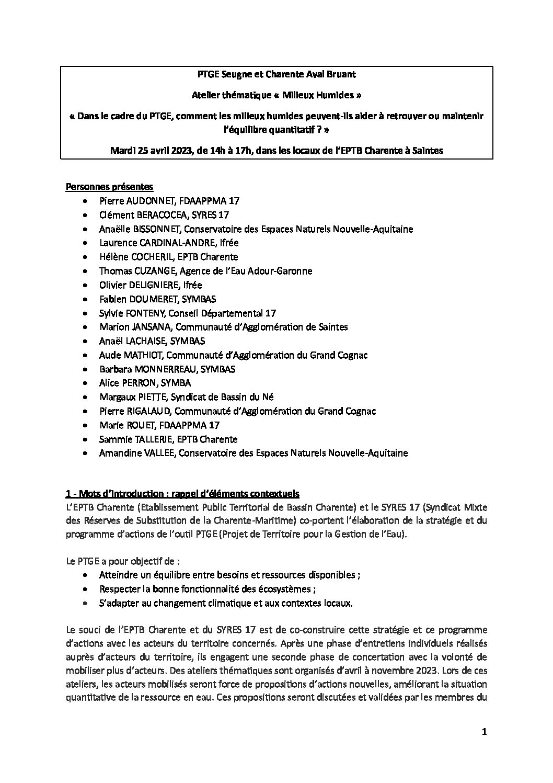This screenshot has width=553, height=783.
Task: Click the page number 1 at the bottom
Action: (484, 732)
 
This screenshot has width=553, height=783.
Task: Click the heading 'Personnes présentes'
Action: (109, 187)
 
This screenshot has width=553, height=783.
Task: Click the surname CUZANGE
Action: (152, 271)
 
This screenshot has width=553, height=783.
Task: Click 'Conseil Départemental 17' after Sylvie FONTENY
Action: (227, 313)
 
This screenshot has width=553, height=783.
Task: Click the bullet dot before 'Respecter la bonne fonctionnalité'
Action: (86, 589)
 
